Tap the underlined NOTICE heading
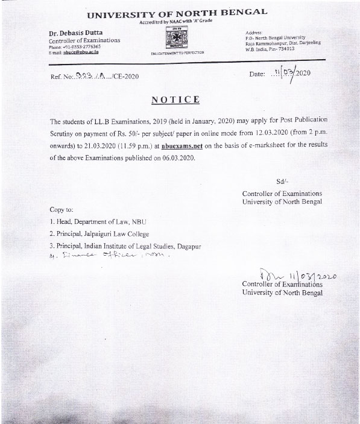tap(175, 98)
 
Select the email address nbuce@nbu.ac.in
tap(69, 52)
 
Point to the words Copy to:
tap(62, 210)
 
